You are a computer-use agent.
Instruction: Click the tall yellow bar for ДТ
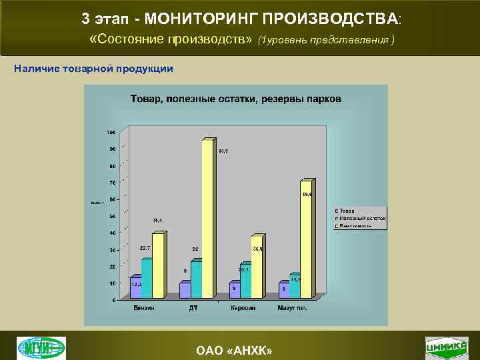coord(207,220)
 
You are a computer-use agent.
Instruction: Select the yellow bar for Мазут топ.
coord(305,240)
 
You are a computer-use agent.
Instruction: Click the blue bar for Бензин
coord(135,288)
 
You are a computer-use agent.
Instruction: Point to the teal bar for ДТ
coord(196,280)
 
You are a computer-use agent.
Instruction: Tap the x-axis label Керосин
coord(245,307)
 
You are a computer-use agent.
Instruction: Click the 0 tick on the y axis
coord(112,300)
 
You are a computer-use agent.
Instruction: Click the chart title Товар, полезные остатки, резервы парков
coord(235,99)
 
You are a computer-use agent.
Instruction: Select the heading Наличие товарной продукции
coord(94,69)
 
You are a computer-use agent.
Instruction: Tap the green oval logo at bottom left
coord(41,348)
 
